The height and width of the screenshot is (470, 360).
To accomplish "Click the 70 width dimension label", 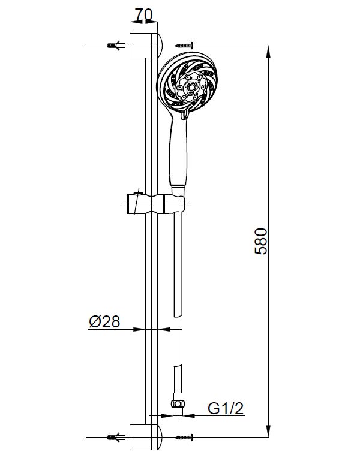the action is click(143, 14).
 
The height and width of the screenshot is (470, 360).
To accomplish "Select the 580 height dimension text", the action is click(260, 241).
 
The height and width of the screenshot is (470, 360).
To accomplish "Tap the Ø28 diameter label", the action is click(104, 321).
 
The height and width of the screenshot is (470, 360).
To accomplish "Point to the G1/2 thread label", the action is click(226, 408).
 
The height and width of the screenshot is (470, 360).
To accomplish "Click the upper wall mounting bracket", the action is click(146, 40).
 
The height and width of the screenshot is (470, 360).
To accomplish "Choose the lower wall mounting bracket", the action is click(146, 437).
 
